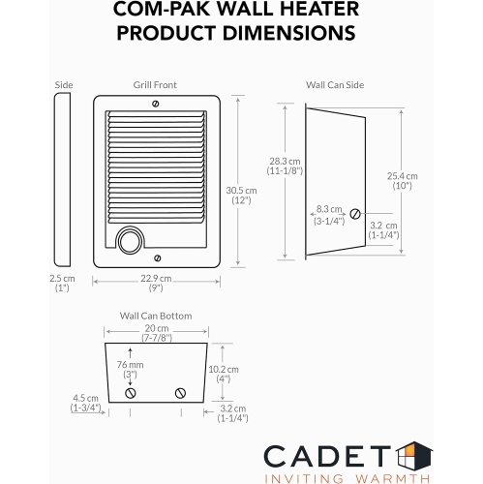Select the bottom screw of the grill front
point(158,257)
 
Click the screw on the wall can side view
point(356,213)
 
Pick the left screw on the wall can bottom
point(131,392)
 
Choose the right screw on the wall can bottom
point(180,392)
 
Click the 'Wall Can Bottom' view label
point(155,316)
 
